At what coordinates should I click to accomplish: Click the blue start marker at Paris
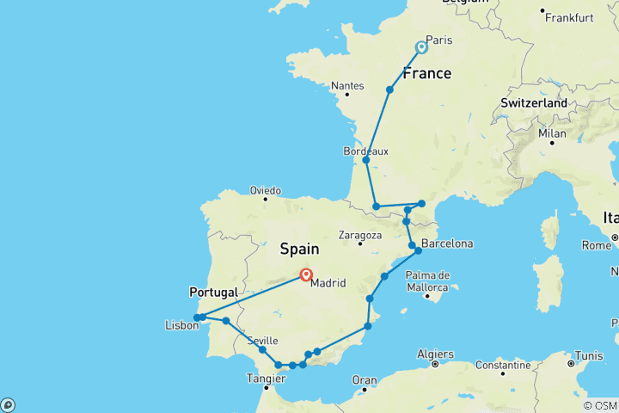pos(421,47)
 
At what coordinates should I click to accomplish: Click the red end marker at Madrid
pos(305,275)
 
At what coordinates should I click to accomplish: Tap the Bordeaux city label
pos(365,151)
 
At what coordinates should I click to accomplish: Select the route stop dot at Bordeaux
pos(366,160)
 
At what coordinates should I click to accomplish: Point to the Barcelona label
pos(446,243)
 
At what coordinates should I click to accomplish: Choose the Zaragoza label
pos(360,235)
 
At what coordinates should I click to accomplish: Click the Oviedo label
pos(266,190)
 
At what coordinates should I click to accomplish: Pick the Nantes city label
pos(348,86)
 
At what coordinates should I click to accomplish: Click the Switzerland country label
pos(534,103)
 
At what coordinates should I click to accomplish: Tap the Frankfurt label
pos(569,17)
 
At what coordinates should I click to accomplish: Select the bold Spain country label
pos(298,250)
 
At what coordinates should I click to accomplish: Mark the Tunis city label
pos(590,355)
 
